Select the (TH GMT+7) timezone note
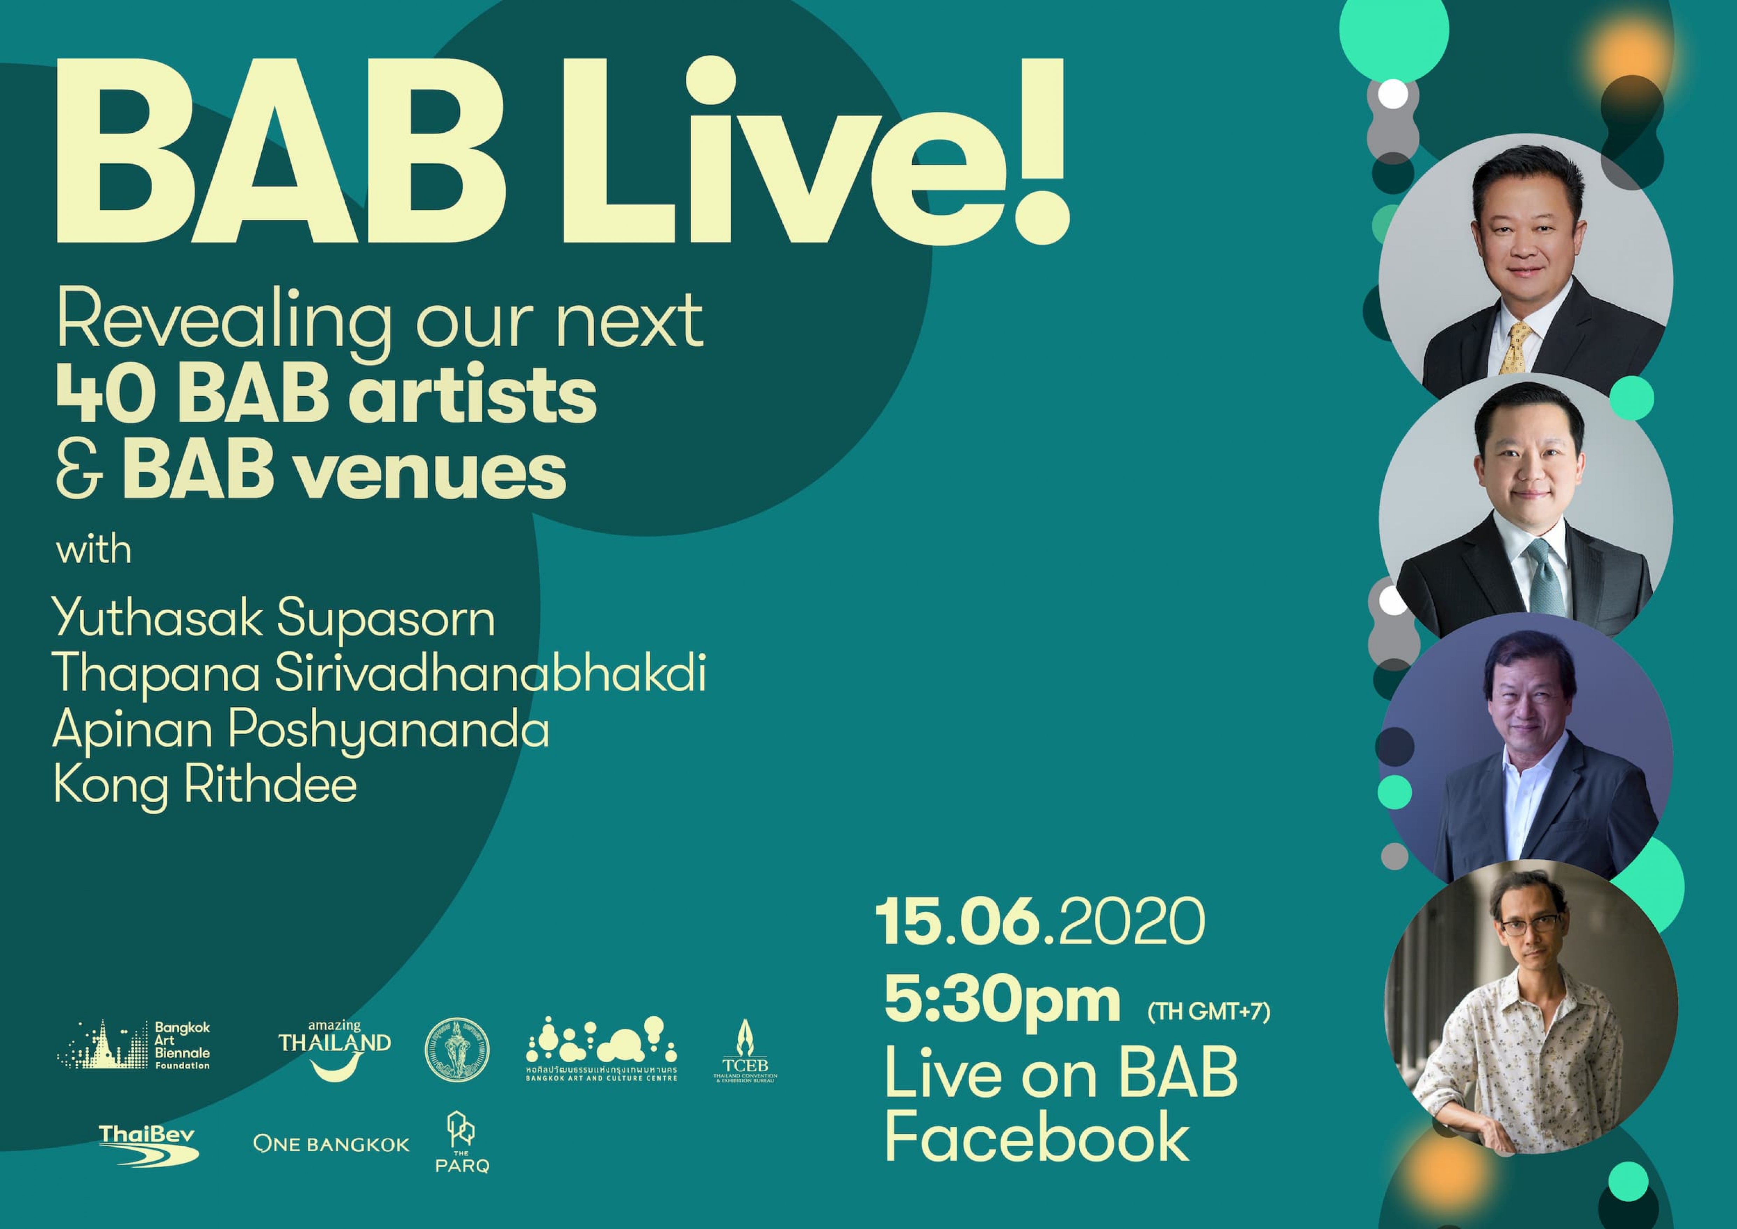click(1208, 1011)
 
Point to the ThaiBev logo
click(148, 1145)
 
